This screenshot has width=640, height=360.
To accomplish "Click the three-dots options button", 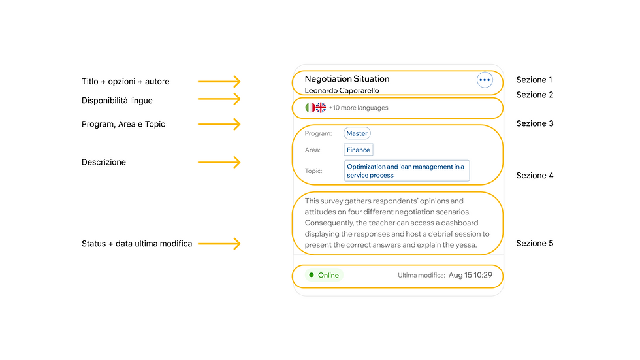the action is [485, 80].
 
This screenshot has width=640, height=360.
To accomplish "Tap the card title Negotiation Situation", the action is [347, 79].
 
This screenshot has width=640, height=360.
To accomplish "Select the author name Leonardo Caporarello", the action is [342, 91].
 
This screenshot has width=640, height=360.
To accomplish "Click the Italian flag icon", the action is [310, 108].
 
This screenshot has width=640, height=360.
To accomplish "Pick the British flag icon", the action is [321, 108].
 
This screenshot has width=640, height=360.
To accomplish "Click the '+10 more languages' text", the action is [359, 108].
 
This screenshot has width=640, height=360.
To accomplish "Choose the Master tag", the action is [357, 133].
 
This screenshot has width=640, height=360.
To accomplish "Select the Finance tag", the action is [359, 150].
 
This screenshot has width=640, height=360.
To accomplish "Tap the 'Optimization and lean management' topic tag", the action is [406, 171].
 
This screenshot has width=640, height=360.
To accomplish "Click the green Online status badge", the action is [324, 275].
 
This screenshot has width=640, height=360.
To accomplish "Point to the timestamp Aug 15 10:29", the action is [470, 275].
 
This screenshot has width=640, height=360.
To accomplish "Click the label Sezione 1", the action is [534, 80].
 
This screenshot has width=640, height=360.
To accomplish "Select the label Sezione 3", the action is [535, 123].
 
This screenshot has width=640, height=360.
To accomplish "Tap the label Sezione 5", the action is [535, 243].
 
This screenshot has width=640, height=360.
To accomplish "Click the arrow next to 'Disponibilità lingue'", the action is [219, 99].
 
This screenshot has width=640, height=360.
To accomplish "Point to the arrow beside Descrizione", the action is [219, 162].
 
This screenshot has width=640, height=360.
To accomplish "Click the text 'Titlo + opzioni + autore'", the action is [125, 81].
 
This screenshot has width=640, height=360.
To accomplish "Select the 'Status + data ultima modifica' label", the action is [136, 244].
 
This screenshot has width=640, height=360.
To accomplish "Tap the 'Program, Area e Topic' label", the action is [123, 124].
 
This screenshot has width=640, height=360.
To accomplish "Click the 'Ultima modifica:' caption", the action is [421, 276].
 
